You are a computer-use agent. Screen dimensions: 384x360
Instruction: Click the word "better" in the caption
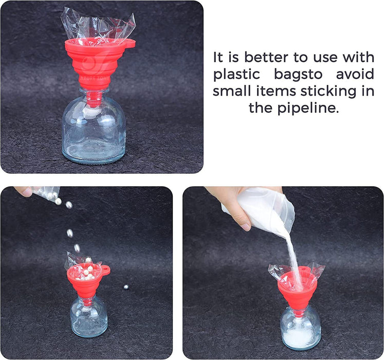click(x=266, y=58)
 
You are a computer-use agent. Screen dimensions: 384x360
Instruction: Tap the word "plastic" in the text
click(x=236, y=74)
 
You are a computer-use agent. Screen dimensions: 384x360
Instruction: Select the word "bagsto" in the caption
click(x=298, y=74)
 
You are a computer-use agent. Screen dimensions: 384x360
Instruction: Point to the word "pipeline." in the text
click(x=308, y=108)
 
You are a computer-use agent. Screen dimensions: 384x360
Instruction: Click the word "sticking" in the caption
click(x=328, y=91)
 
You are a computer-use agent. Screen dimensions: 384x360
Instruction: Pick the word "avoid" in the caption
click(x=355, y=74)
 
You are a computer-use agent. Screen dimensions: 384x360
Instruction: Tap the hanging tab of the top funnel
click(x=130, y=44)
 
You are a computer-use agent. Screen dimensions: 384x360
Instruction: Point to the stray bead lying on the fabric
click(x=126, y=287)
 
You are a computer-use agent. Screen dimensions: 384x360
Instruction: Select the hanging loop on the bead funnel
click(x=106, y=269)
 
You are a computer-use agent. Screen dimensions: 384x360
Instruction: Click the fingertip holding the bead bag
click(x=23, y=191)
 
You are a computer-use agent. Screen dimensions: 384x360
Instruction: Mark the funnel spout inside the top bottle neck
click(x=94, y=99)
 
